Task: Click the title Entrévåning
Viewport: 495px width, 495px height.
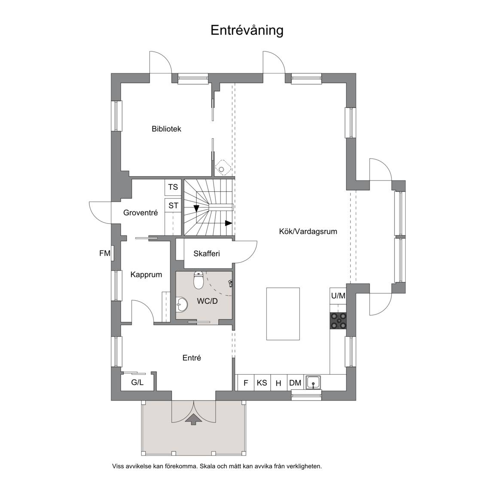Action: [247, 31]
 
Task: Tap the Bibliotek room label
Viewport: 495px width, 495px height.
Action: [166, 129]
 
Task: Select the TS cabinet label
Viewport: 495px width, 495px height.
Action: [173, 187]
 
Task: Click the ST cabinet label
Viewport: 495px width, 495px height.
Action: [173, 206]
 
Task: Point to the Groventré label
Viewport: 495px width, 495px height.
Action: [141, 213]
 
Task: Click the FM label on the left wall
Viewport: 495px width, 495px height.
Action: [105, 254]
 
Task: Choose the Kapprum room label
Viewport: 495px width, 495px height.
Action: [146, 275]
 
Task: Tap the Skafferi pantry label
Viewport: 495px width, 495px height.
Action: [207, 254]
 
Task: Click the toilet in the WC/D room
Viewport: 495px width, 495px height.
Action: [198, 280]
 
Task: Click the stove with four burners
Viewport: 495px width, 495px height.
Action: [339, 321]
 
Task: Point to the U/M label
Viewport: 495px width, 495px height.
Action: [338, 296]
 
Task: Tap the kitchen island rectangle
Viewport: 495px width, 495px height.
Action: [283, 314]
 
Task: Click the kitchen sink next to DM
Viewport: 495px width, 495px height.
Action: [313, 382]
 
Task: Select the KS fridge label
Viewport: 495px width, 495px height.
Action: [262, 383]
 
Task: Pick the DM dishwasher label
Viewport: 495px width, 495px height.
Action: [295, 383]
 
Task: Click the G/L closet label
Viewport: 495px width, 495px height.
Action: [137, 382]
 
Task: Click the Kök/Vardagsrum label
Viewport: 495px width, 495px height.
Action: [308, 232]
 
